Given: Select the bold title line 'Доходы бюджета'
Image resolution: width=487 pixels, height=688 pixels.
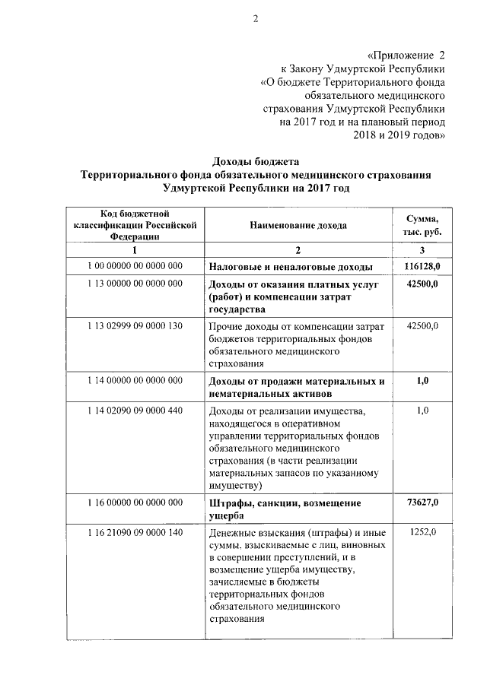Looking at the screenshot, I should (x=256, y=162).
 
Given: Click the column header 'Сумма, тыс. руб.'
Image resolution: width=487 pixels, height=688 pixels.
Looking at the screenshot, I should (x=423, y=225).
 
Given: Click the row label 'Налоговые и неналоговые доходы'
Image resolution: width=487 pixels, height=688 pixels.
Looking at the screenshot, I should (x=291, y=267).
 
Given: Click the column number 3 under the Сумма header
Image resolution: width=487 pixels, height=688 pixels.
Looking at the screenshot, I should (x=422, y=250).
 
